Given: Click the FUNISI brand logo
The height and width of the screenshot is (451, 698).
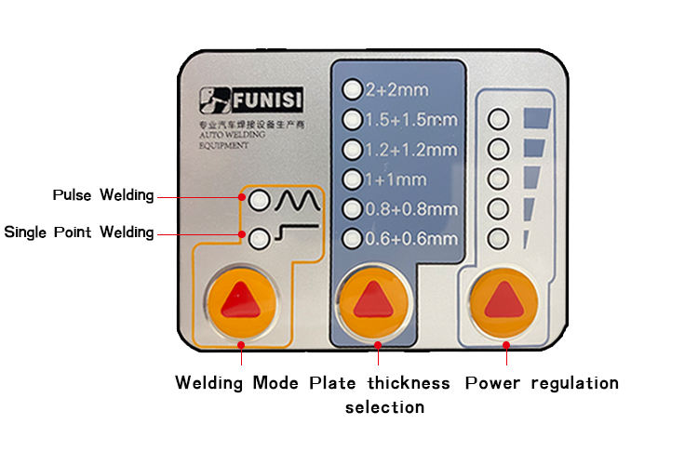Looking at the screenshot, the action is pos(251,100).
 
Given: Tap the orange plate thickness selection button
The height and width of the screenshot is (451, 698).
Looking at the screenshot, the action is pos(373,301).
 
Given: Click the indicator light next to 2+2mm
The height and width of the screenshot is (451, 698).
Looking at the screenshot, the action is pos(352,89).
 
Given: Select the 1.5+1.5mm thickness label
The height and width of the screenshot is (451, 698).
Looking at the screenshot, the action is pos(411,120).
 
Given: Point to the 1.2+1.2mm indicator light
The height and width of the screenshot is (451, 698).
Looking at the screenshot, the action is pos(352,150).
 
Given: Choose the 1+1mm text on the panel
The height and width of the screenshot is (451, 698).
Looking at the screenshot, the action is pos(396,179).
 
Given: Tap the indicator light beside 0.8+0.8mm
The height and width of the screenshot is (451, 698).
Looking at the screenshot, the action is pos(352,209).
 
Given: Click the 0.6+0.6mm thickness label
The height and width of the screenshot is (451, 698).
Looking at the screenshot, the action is pos(411,239).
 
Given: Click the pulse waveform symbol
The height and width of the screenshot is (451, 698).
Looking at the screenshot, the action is pos(298,200).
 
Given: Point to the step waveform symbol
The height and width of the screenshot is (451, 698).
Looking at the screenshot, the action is pos(297,232).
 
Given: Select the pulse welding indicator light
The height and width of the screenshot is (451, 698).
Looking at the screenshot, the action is pos(259,200).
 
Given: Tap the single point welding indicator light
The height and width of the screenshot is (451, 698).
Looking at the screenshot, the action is pos(259,238).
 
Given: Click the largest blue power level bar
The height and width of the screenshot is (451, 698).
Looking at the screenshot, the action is pos(537,118).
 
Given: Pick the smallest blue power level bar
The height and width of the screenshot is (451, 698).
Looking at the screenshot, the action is pos(526,239).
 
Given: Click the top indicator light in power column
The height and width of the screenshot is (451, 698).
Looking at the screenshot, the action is pos(498,119).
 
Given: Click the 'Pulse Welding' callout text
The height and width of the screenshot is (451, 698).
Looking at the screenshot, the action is pos(103,195).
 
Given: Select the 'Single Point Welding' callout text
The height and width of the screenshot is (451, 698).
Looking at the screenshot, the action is pos(79,232).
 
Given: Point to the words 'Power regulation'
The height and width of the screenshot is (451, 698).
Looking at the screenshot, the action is pos(542,383).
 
